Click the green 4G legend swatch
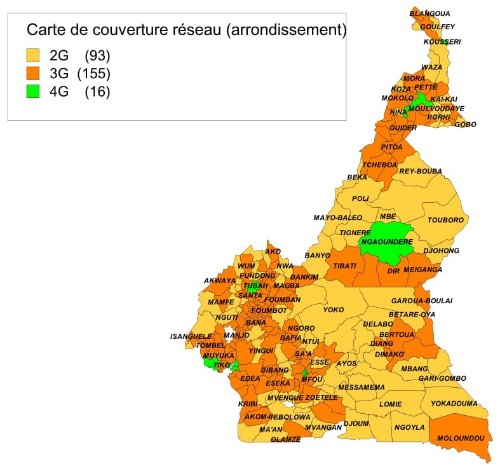pyautogui.click(x=32, y=92)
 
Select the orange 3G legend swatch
pyautogui.click(x=32, y=73)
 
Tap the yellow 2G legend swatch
pyautogui.click(x=32, y=55)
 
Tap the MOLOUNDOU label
pyautogui.click(x=461, y=439)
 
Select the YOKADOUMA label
pyautogui.click(x=454, y=403)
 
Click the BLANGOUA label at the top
pyautogui.click(x=429, y=13)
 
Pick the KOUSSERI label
pyautogui.click(x=442, y=42)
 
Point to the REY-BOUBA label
pyautogui.click(x=420, y=171)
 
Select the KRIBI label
pyautogui.click(x=247, y=404)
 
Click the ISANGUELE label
pyautogui.click(x=191, y=336)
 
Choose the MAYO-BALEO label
pyautogui.click(x=337, y=218)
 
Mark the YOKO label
pyautogui.click(x=333, y=310)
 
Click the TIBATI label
pyautogui.click(x=344, y=266)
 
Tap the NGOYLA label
pyautogui.click(x=409, y=427)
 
